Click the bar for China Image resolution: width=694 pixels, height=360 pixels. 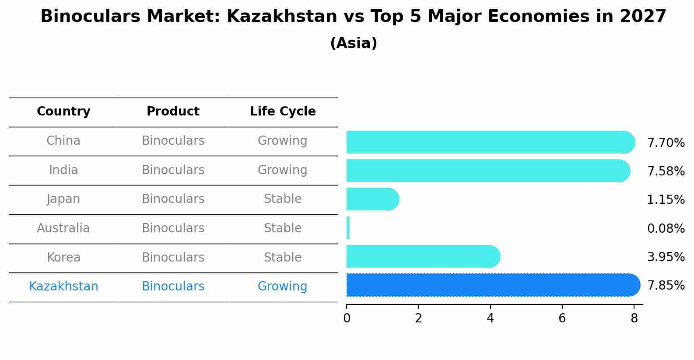tap(490, 142)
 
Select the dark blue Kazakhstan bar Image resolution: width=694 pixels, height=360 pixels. tap(493, 285)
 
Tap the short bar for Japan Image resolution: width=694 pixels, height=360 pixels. tap(372, 199)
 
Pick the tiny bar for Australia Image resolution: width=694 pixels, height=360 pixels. tap(348, 228)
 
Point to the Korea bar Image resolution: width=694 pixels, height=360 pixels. tap(423, 256)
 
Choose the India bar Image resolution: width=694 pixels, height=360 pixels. tap(488, 171)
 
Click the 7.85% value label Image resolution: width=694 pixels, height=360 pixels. tap(666, 286)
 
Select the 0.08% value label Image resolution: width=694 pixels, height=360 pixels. tap(666, 228)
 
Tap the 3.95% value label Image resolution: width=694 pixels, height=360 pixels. tap(666, 257)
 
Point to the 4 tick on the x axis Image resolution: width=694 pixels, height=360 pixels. tap(490, 318)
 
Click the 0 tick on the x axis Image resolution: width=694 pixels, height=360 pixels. tap(347, 318)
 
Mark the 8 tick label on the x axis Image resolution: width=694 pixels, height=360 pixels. tap(634, 318)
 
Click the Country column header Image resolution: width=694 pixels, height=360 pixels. tap(63, 112)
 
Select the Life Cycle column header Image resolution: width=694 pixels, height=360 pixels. tap(283, 112)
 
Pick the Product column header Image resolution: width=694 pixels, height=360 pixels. tap(173, 112)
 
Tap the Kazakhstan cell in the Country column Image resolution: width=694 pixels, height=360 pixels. tap(63, 287)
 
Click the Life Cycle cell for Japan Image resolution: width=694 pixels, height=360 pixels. tap(283, 199)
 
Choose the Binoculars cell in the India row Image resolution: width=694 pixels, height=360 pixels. tap(173, 170)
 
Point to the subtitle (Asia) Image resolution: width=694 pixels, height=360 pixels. tap(354, 43)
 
